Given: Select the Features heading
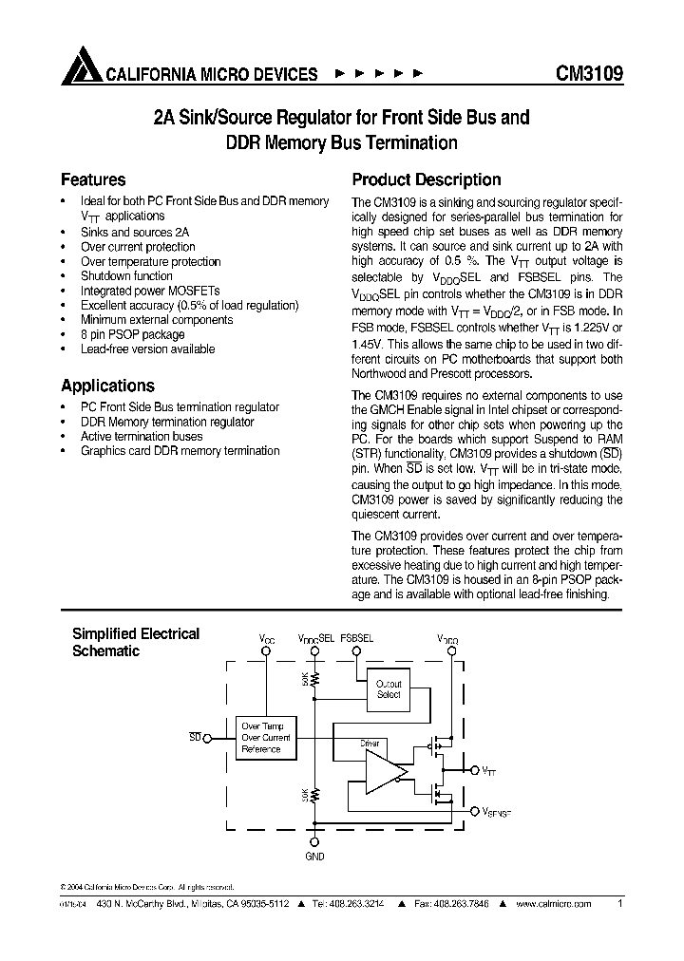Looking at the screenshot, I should click(93, 179).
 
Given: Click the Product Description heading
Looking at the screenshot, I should click(427, 179).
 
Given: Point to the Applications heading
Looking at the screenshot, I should click(107, 386).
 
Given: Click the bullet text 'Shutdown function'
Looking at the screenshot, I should click(126, 275).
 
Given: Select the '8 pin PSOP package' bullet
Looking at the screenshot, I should click(132, 334).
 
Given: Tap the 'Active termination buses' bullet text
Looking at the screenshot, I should click(142, 436).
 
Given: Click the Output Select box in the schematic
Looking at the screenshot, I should click(389, 689).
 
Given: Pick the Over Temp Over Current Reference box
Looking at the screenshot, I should click(265, 737).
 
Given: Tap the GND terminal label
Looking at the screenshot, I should click(315, 857).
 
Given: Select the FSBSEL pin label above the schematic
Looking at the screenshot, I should click(357, 639).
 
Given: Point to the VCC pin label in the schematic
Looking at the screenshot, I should click(267, 640).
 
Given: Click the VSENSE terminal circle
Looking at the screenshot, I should click(475, 811).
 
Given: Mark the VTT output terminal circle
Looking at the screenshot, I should click(475, 770).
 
